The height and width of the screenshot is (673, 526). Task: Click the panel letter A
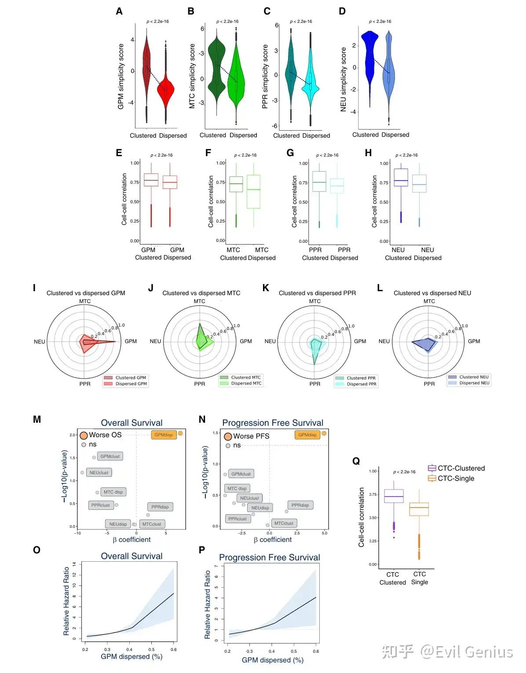click(119, 11)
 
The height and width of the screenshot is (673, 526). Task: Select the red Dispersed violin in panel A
click(166, 90)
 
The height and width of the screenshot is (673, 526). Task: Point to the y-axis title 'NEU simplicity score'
click(343, 79)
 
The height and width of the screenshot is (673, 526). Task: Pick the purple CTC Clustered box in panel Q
click(394, 496)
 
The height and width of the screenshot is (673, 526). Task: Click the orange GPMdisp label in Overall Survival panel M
click(164, 435)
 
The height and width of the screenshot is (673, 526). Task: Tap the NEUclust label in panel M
click(99, 472)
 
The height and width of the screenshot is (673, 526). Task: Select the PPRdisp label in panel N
click(300, 505)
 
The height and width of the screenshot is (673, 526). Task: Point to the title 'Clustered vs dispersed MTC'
click(201, 293)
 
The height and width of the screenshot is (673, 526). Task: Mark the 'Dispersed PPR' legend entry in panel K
click(362, 384)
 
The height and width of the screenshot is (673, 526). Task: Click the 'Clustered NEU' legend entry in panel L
click(474, 377)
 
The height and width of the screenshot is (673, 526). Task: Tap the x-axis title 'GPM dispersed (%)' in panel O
click(131, 656)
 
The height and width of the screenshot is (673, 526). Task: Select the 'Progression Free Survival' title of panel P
click(269, 557)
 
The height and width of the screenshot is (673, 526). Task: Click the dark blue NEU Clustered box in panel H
click(401, 177)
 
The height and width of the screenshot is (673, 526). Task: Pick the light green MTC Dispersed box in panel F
click(253, 191)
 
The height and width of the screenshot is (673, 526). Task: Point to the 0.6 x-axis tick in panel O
click(174, 649)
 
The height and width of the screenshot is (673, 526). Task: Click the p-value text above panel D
click(380, 22)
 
